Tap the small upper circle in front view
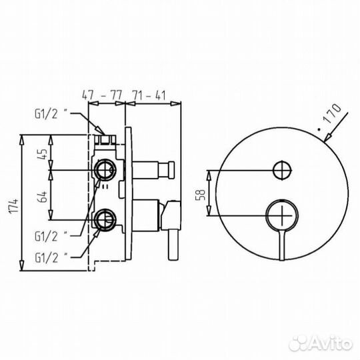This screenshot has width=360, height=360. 282,170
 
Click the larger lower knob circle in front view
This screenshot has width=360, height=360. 283,216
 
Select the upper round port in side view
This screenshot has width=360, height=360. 105,170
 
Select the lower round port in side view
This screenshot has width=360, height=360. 105,217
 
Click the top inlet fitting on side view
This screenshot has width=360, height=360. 105,139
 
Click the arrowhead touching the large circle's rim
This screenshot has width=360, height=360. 325,141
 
